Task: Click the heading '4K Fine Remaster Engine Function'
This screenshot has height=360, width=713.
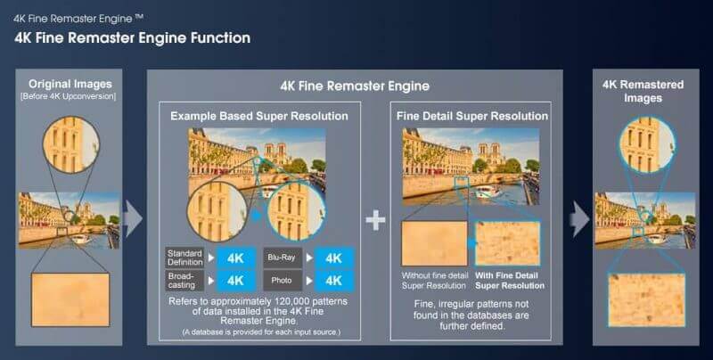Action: (132, 37)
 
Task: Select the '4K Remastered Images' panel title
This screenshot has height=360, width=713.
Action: (643, 91)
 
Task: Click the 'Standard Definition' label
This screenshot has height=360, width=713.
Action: (184, 258)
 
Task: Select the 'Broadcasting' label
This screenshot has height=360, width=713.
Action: (184, 280)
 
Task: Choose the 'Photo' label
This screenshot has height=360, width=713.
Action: (280, 280)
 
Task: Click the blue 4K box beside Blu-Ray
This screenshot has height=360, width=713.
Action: (333, 258)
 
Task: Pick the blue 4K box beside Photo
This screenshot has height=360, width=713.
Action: (333, 280)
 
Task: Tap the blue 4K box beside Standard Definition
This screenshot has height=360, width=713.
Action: (236, 258)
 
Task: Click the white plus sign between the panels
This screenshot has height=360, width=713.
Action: (376, 219)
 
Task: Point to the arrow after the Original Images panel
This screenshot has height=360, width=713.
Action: (133, 218)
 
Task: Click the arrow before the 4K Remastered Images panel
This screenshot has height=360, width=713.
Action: (580, 218)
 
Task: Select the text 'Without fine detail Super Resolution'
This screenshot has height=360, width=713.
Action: (434, 280)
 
